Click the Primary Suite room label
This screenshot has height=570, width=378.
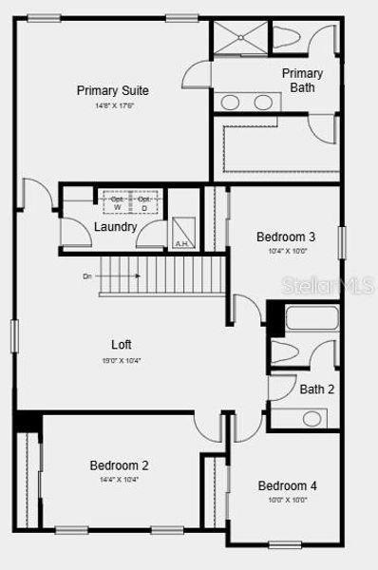[113, 90]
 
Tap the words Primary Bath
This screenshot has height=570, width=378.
[303, 81]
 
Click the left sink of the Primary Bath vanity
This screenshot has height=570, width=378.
[231, 102]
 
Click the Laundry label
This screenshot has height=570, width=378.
[115, 227]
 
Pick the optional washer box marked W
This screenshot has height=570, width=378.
[118, 202]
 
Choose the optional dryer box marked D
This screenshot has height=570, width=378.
[143, 202]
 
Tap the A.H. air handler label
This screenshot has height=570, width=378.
[181, 244]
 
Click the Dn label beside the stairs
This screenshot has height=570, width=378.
[87, 276]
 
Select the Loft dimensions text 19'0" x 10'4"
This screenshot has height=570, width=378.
[121, 360]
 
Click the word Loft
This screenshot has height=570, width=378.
[121, 345]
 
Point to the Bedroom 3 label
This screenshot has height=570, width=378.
[286, 237]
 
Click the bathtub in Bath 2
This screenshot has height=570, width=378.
[311, 318]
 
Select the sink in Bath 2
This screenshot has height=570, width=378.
[312, 417]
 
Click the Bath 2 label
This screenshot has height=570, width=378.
[317, 389]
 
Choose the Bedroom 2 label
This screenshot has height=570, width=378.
[119, 465]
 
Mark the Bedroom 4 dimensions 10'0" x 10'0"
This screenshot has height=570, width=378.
[287, 501]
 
